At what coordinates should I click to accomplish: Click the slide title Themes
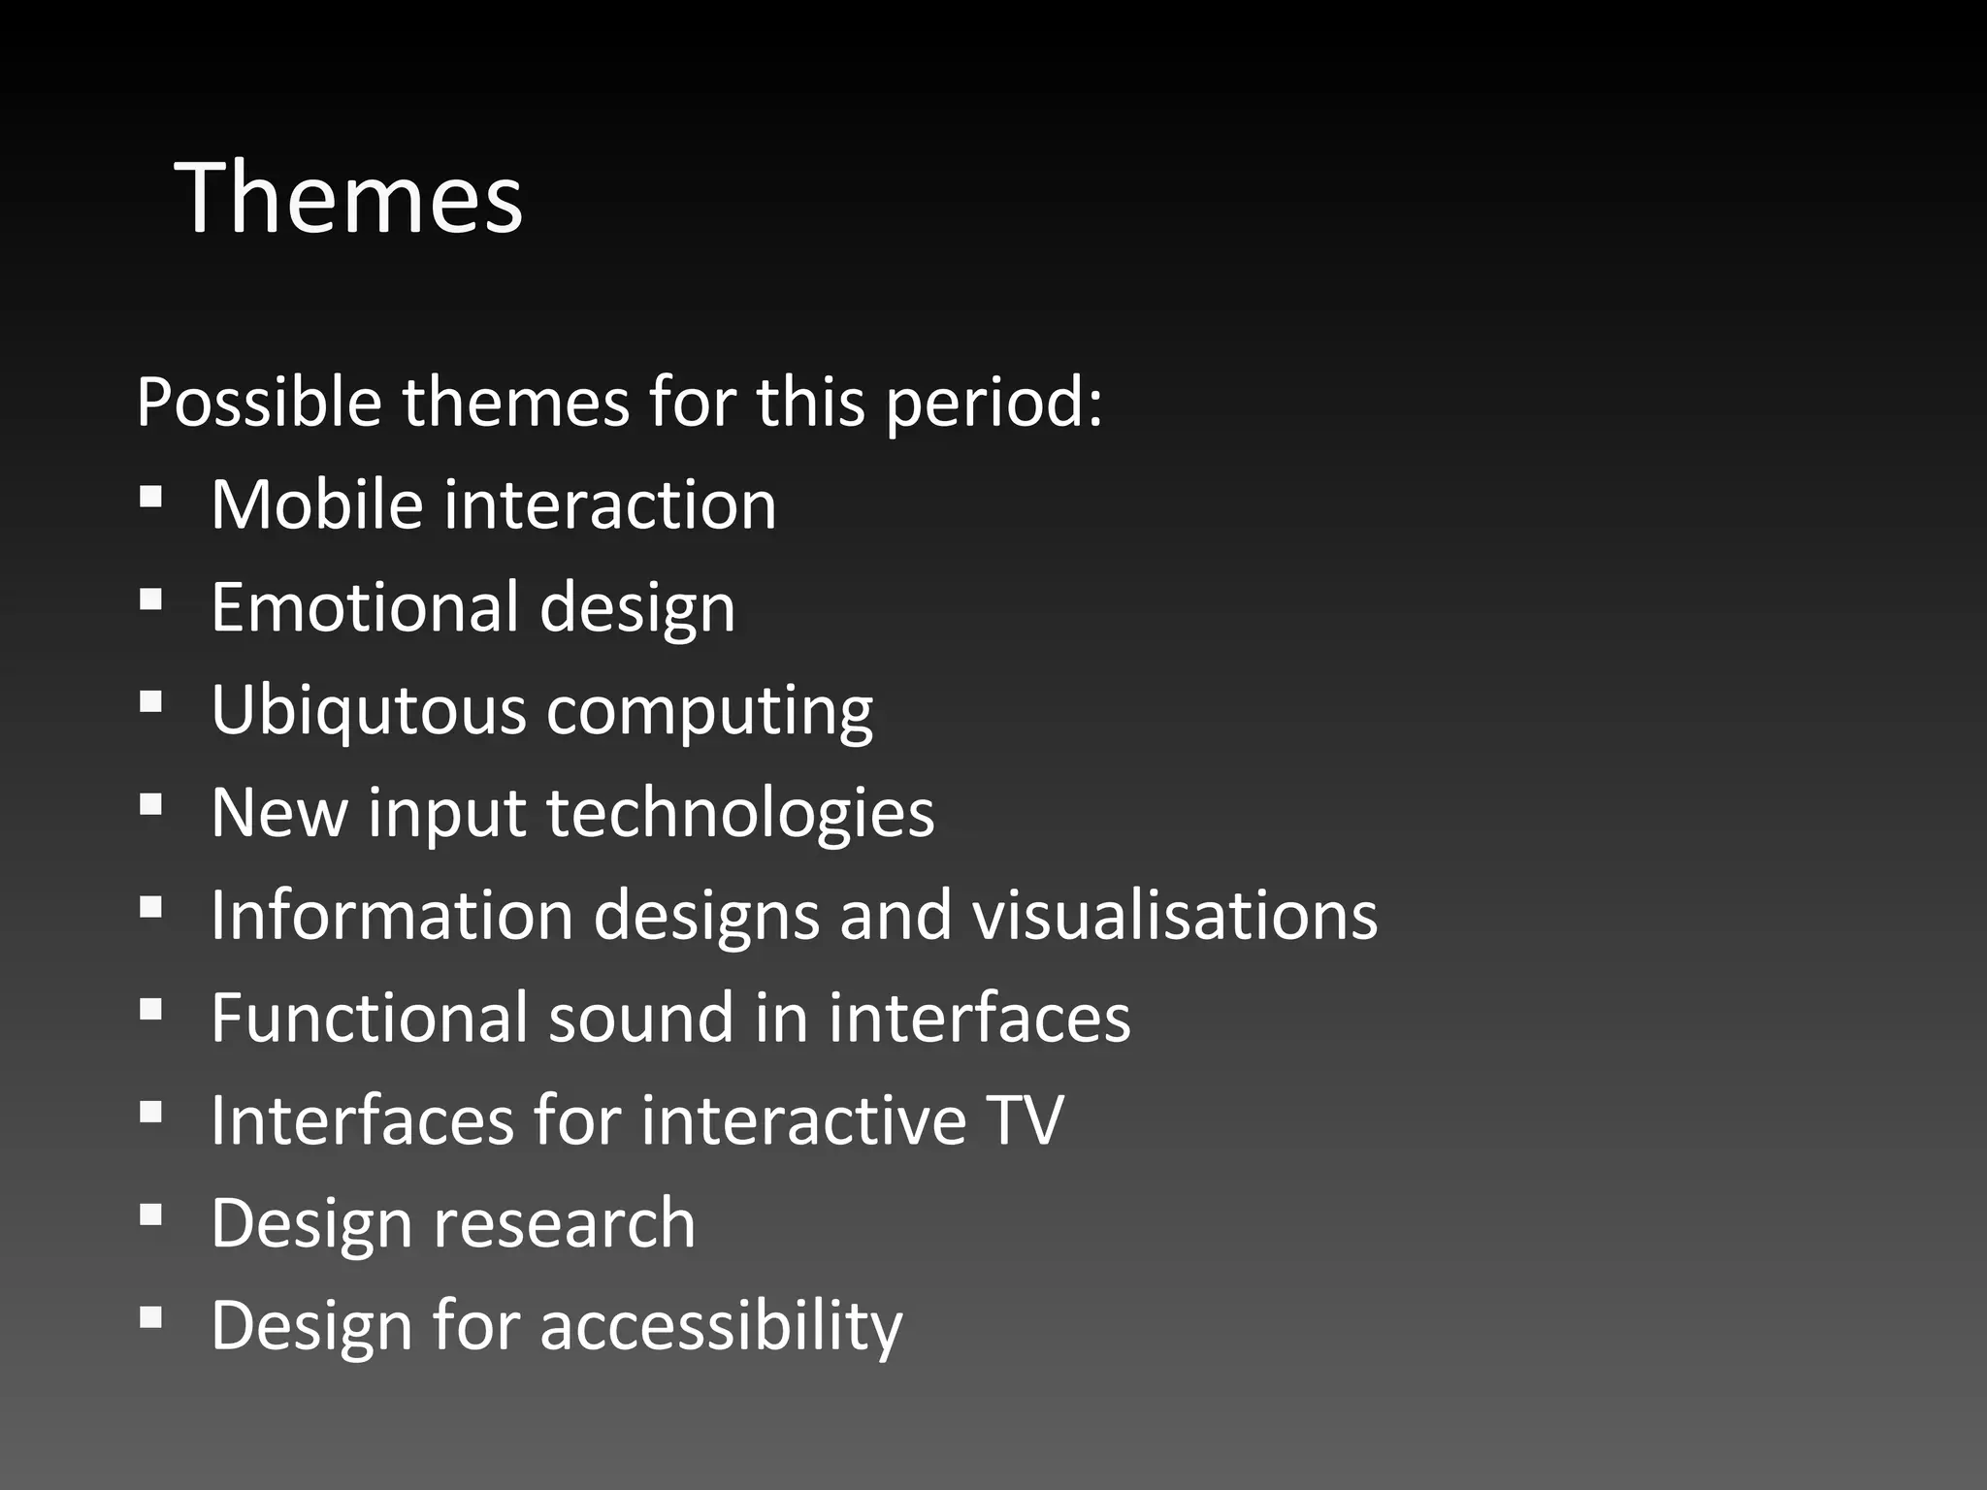(x=348, y=199)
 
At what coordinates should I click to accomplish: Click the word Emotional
(x=365, y=607)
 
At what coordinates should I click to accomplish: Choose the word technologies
(x=740, y=813)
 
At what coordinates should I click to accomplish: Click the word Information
(x=392, y=915)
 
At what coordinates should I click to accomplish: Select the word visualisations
(x=1175, y=915)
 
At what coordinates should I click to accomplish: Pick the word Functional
(x=370, y=1018)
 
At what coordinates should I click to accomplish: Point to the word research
(x=564, y=1223)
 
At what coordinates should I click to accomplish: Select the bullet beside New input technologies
(x=150, y=805)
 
